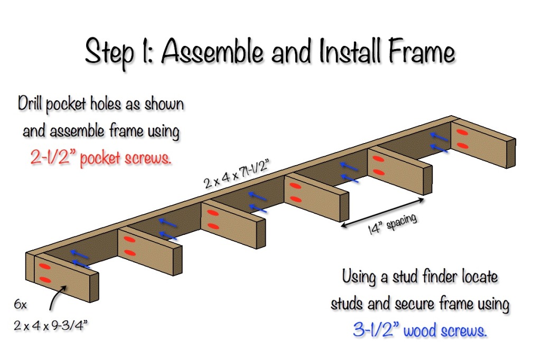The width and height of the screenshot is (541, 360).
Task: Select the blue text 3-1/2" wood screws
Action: [419, 330]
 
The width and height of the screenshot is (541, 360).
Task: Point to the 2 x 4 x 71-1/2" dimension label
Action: [241, 175]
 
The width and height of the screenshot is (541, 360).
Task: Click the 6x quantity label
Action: [22, 305]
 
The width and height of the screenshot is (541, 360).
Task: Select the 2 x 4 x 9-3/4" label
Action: [50, 325]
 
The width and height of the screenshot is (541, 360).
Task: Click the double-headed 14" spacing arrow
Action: [383, 212]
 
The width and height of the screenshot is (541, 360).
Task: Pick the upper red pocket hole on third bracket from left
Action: [212, 213]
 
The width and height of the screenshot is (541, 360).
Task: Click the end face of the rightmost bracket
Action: [510, 154]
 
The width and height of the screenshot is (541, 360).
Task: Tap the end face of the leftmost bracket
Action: [94, 288]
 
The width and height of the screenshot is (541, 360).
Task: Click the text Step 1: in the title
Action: [120, 53]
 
